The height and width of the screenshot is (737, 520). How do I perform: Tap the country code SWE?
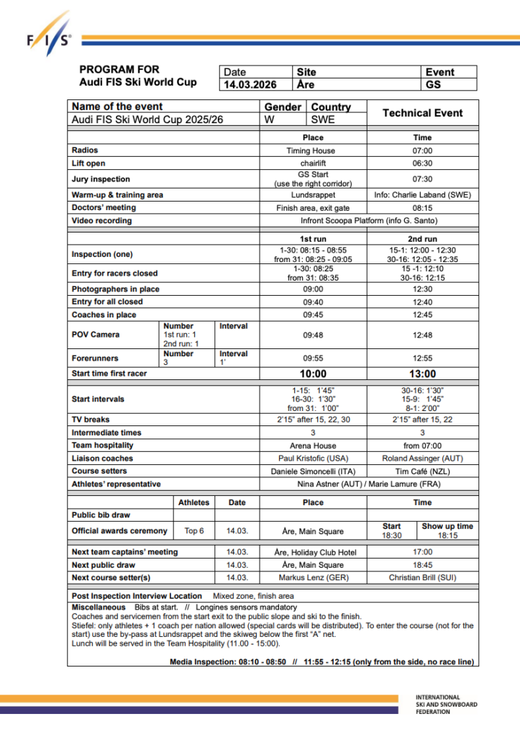(x=323, y=119)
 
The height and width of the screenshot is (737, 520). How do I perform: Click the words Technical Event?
(x=422, y=113)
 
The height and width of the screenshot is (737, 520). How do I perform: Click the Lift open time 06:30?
(x=422, y=163)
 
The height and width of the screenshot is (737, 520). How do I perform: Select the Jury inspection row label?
(x=101, y=179)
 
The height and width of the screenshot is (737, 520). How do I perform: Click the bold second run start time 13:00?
(x=422, y=374)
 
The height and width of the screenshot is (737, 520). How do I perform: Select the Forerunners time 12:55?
(x=422, y=358)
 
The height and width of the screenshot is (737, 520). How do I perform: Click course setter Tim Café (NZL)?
(x=422, y=471)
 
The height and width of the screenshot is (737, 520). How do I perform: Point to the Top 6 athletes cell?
(x=194, y=531)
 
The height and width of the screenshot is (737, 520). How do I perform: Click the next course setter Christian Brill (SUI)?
(x=422, y=577)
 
